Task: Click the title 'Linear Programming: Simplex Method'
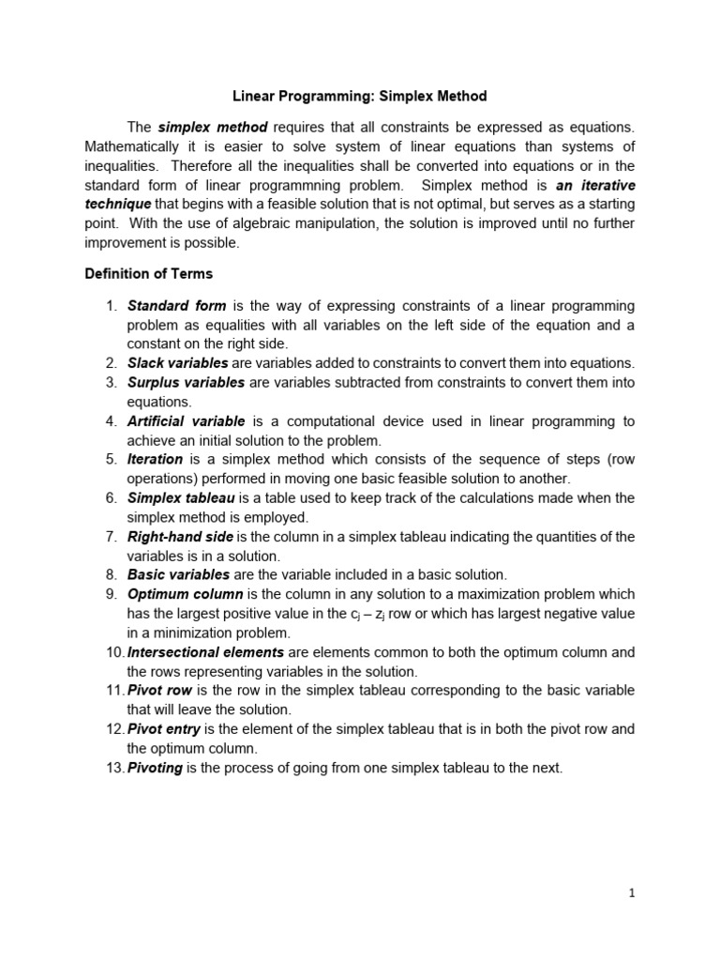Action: pos(360,96)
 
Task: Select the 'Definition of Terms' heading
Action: pos(148,274)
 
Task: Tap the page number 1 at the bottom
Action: pos(633,893)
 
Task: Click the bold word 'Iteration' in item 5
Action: pos(155,459)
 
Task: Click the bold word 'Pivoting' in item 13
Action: pos(155,767)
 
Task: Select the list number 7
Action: pos(111,536)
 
